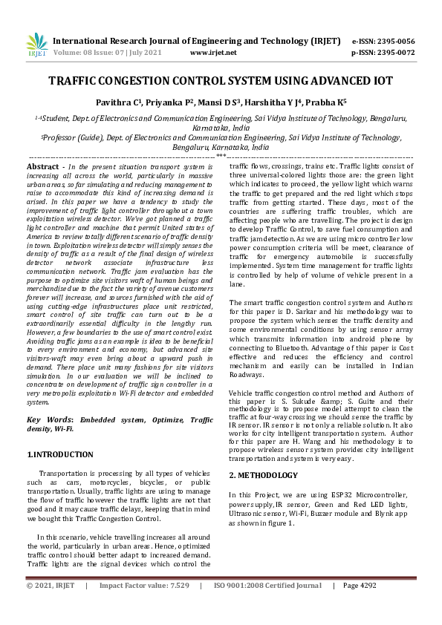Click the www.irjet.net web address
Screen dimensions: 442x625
pyautogui.click(x=213, y=53)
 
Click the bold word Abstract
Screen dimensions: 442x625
pyautogui.click(x=42, y=168)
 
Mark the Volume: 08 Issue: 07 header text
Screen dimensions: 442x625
pyautogui.click(x=100, y=53)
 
